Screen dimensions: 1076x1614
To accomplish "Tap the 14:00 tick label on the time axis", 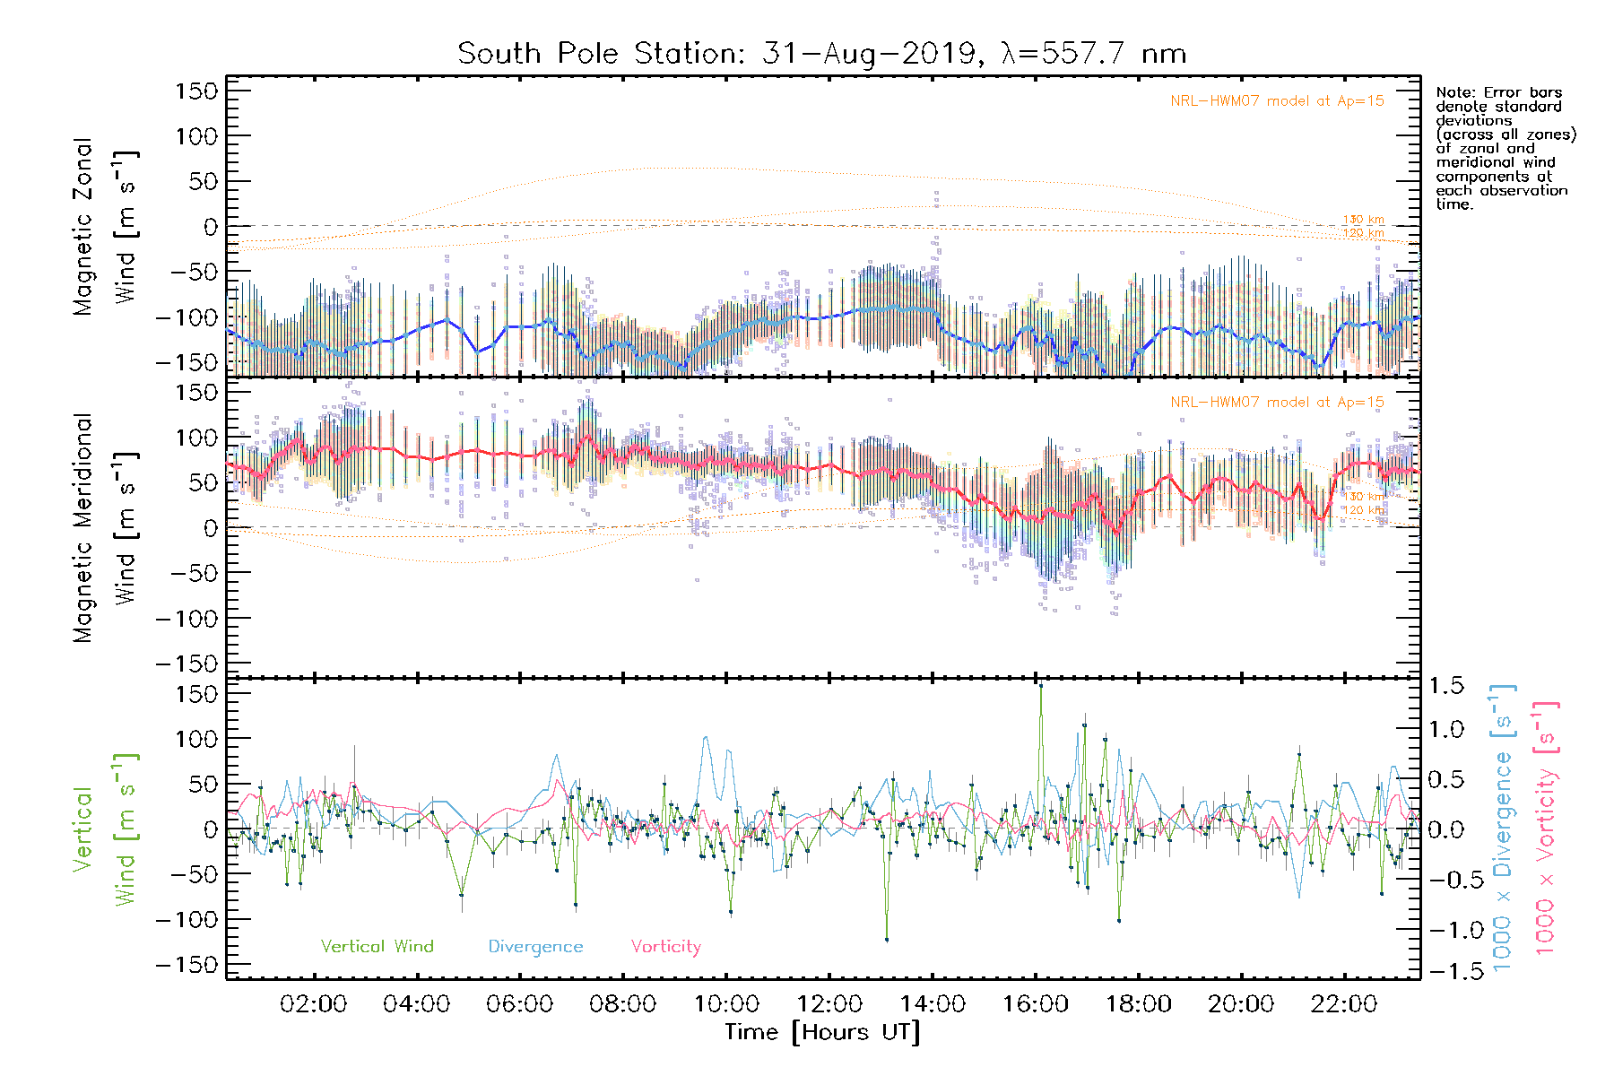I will (933, 1004).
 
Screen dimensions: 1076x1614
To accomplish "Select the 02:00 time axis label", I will (313, 1004).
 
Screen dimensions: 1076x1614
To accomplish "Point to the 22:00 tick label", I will (1344, 1004).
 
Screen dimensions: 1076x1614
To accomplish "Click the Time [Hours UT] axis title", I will (822, 1032).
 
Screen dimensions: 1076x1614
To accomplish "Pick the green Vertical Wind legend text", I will (377, 946).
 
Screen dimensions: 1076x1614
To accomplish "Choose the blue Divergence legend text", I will (535, 946).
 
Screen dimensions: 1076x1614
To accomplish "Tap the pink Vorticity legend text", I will (665, 946).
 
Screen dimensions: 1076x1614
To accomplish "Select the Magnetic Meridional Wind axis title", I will (106, 528).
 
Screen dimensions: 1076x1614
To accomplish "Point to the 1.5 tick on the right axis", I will (1445, 686).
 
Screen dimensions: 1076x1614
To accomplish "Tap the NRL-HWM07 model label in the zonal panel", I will (1277, 101).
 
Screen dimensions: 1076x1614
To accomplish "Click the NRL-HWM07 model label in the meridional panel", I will (1277, 403).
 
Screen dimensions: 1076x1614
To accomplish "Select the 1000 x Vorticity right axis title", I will (1545, 828).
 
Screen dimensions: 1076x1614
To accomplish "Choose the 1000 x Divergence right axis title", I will (1503, 828).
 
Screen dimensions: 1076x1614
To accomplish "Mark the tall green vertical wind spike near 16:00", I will (1040, 688).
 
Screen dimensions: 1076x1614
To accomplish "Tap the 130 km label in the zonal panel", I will (1363, 220).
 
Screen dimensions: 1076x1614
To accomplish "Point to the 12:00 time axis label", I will (829, 1004).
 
